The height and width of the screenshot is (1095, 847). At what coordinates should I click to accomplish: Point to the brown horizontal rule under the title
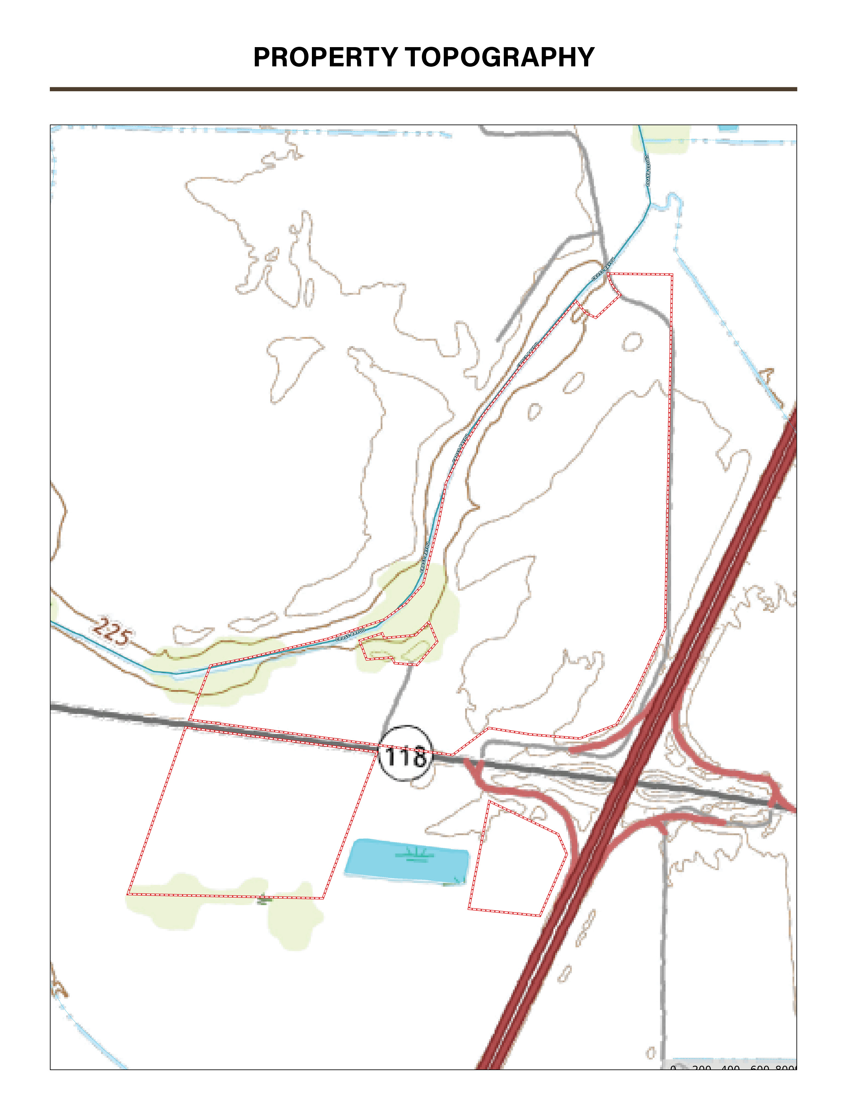pos(423,89)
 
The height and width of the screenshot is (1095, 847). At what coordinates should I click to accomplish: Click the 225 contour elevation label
pos(113,632)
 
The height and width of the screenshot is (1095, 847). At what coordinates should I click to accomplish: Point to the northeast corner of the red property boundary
pos(672,275)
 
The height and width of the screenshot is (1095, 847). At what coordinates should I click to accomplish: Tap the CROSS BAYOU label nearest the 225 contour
pos(350,635)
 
